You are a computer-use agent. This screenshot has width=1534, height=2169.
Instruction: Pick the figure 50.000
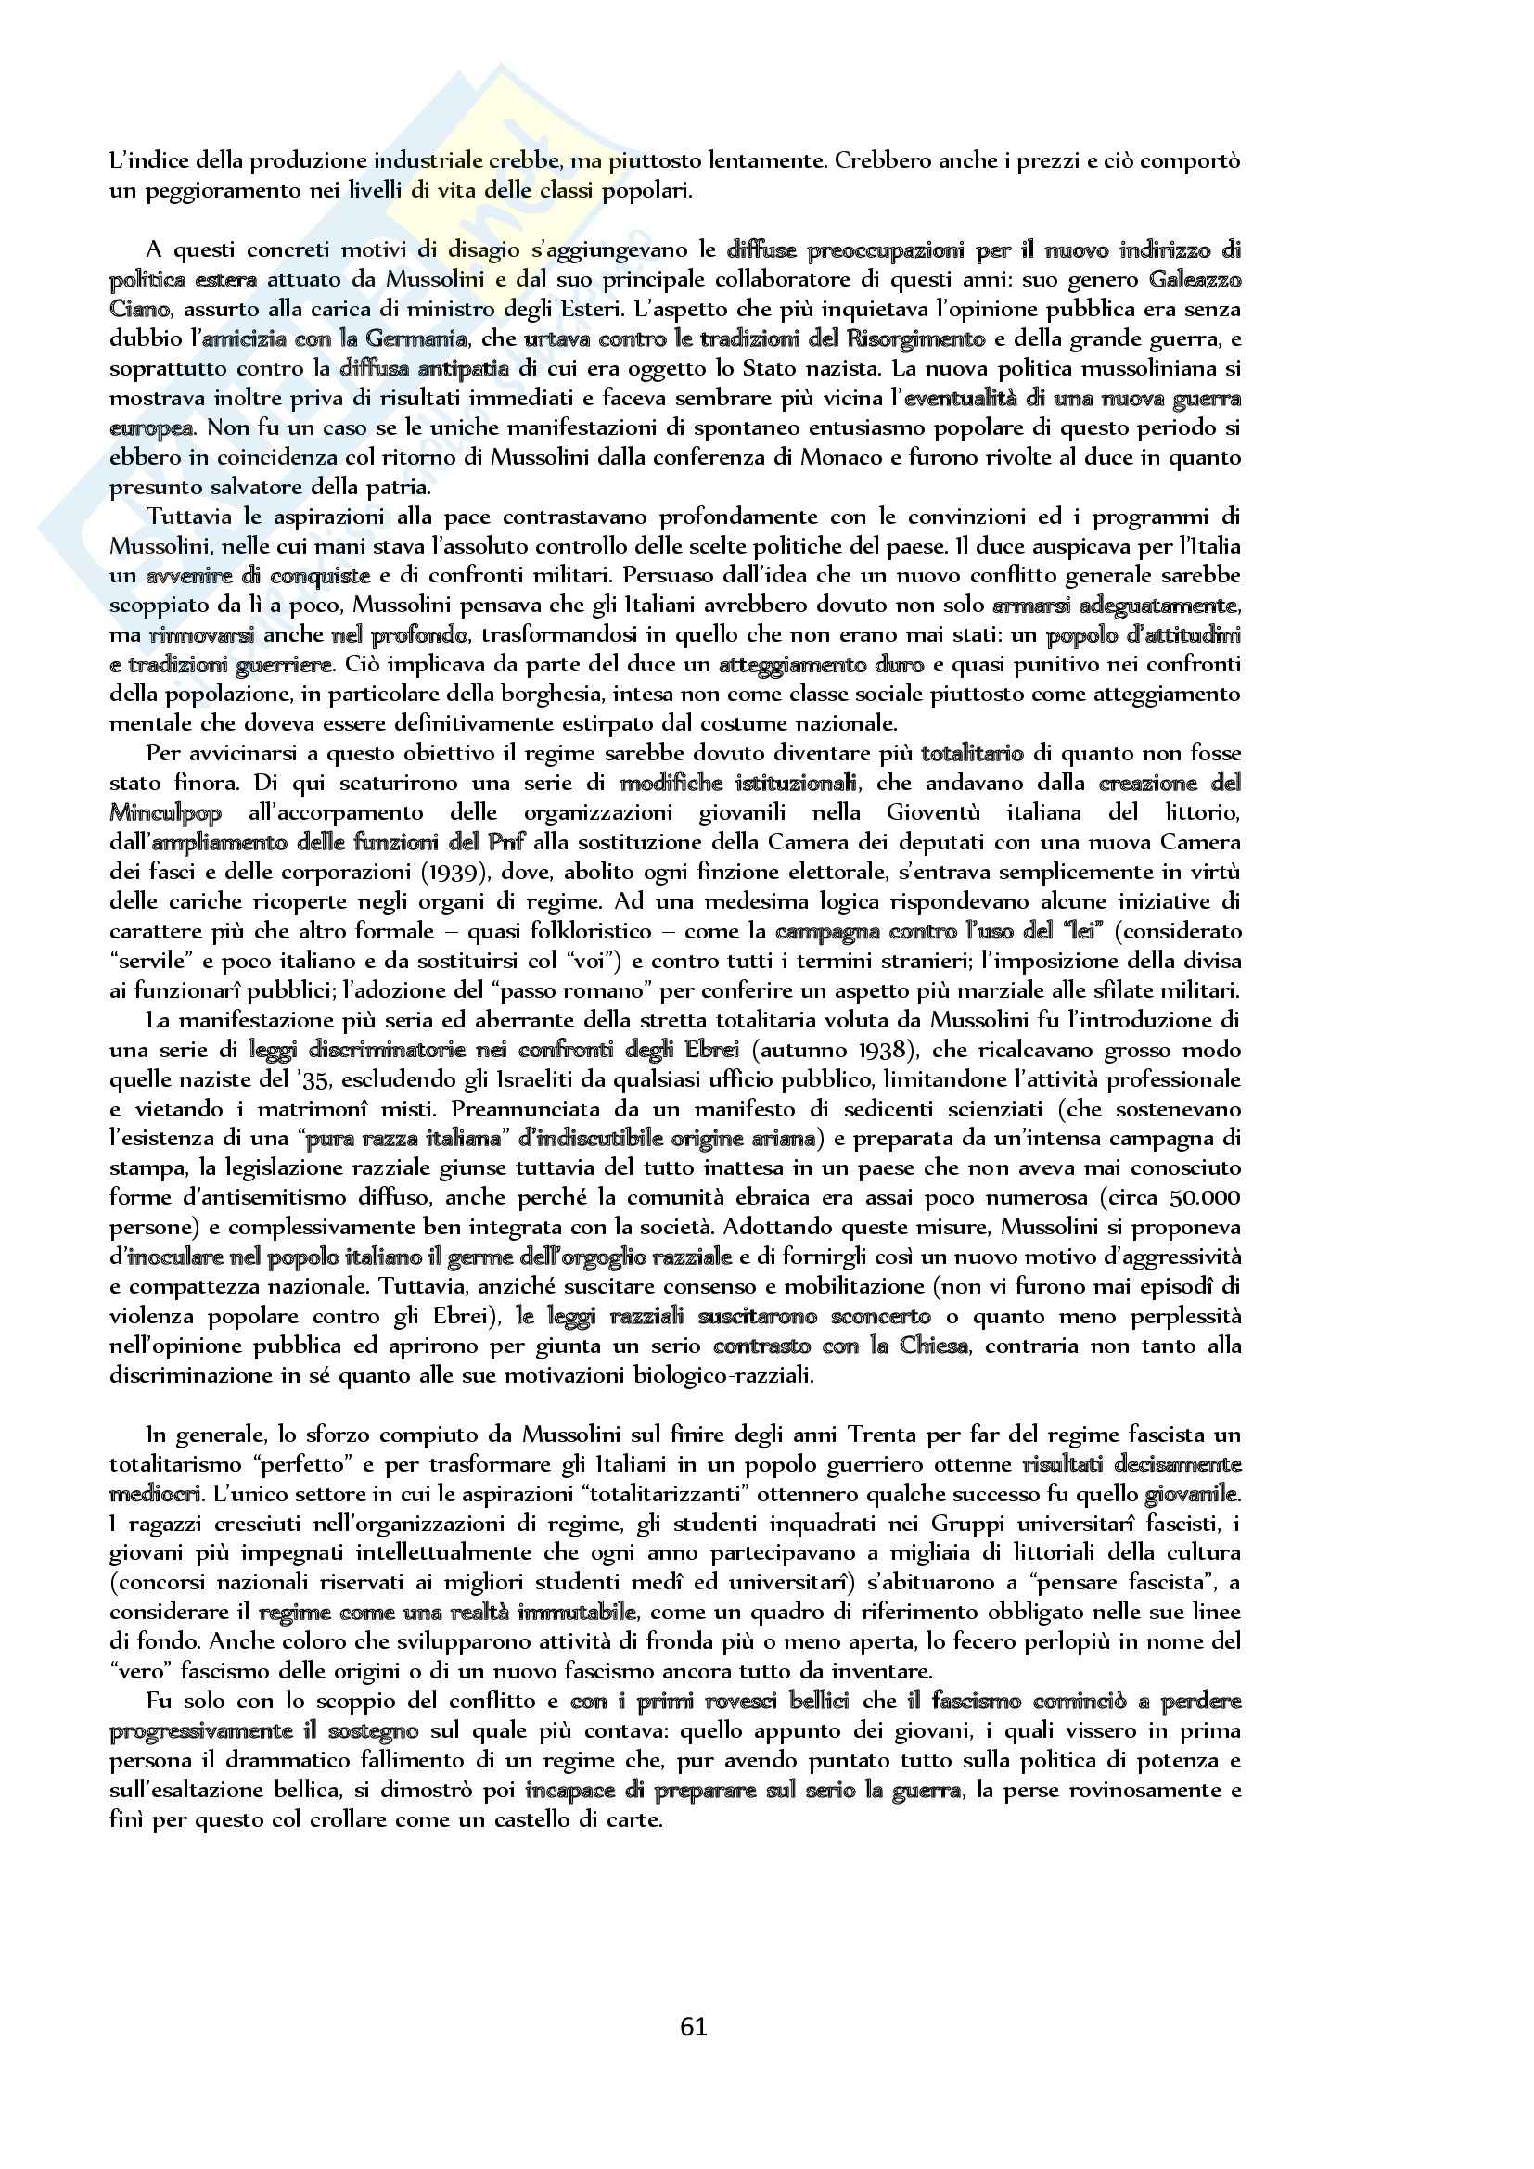click(x=1205, y=1198)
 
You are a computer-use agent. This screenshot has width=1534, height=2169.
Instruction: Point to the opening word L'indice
click(x=145, y=160)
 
